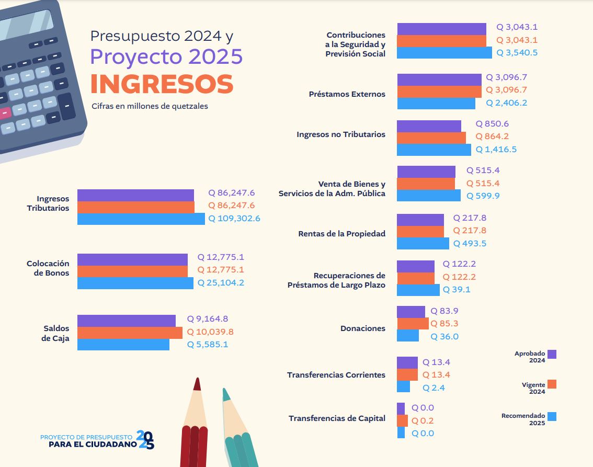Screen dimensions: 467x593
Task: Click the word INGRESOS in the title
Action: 162,84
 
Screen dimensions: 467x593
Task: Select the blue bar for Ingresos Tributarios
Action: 141,219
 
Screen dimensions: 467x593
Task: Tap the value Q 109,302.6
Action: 234,219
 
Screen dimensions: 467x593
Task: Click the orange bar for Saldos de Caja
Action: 130,333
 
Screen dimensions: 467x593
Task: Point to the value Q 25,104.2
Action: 221,283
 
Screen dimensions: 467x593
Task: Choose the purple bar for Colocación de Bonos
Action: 132,258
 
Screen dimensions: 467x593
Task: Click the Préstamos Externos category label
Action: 347,95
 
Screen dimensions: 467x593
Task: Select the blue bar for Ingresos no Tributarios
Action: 434,150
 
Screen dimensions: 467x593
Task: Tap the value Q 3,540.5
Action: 517,53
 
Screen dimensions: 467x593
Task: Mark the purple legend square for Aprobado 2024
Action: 552,354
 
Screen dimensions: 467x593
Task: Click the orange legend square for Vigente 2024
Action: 552,384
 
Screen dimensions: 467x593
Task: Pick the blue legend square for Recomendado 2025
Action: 552,416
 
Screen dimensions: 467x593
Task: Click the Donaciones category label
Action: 362,328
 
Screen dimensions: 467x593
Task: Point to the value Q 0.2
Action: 423,421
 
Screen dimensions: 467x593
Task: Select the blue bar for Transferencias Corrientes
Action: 403,387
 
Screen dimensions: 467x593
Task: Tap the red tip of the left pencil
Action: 197,384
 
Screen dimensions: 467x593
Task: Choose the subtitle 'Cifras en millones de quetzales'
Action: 150,106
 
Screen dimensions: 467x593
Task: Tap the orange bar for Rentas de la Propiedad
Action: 420,231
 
